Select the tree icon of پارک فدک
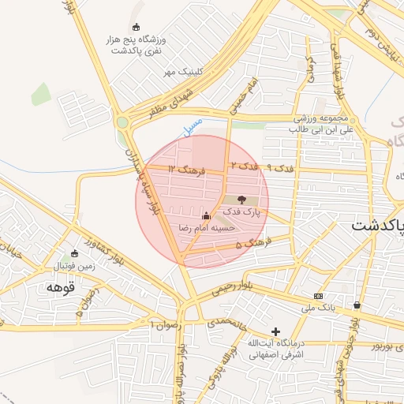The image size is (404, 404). (x=241, y=200)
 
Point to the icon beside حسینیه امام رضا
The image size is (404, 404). (x=207, y=215)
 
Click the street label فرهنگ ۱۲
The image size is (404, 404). (x=186, y=169)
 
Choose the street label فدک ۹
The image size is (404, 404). (x=280, y=167)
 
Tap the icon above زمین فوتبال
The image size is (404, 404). (x=74, y=254)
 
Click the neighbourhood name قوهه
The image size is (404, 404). (x=59, y=287)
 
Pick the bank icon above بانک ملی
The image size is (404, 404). (x=318, y=296)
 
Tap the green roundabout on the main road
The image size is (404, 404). (x=122, y=122)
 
